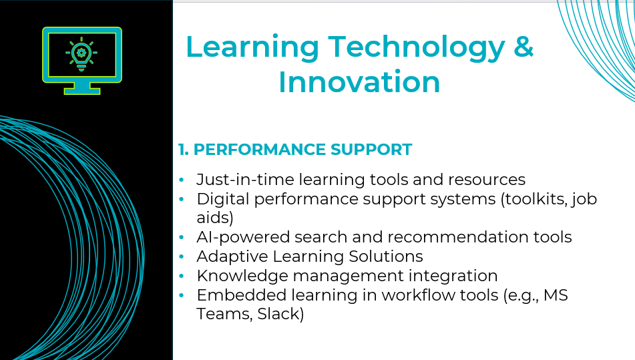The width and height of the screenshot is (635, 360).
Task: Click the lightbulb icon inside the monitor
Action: (81, 54)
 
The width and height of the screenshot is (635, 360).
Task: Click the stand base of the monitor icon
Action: (82, 91)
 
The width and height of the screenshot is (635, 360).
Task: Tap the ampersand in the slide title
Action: (523, 46)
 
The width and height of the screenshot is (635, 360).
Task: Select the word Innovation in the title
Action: (359, 81)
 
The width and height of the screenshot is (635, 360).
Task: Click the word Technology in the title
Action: (417, 49)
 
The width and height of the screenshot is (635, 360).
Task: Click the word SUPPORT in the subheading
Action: (371, 150)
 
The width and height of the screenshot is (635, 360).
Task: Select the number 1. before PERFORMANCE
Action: (184, 150)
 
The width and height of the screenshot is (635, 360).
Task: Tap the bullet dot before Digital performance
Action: (181, 199)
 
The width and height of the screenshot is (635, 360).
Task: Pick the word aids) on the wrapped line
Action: (215, 218)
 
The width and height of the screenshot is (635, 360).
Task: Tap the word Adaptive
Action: (232, 256)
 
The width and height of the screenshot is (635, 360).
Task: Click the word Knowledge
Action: (242, 276)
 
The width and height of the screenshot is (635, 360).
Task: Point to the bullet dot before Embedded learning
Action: (181, 296)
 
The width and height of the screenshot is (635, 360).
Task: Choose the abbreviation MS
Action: (556, 295)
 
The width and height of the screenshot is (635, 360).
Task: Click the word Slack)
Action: (280, 314)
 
